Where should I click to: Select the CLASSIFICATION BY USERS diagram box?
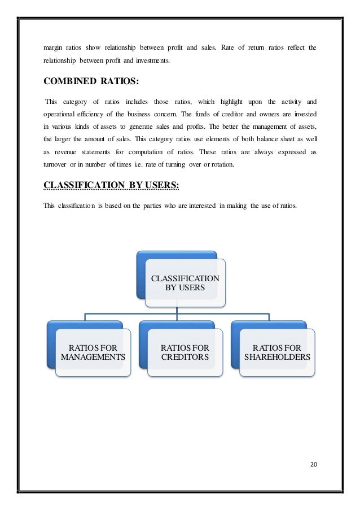click(x=185, y=282)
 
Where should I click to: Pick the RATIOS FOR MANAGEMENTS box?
click(x=93, y=352)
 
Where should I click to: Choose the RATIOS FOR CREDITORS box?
click(x=185, y=352)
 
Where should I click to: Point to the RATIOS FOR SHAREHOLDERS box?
click(x=277, y=352)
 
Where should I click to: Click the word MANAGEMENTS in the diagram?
click(x=93, y=358)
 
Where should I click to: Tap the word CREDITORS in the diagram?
click(x=185, y=358)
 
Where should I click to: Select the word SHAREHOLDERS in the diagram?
click(x=277, y=358)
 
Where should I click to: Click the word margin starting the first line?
click(x=53, y=47)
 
